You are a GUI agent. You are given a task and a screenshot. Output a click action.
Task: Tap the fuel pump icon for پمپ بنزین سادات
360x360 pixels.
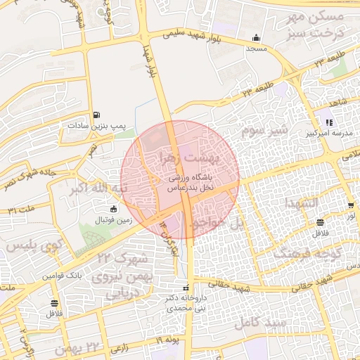(96, 115)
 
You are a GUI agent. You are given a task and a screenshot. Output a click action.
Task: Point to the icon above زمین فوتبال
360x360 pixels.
(113, 209)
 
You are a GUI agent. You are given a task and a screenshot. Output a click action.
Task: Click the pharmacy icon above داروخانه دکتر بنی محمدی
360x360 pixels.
(186, 287)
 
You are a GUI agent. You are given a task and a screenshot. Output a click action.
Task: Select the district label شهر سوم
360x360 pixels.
(264, 131)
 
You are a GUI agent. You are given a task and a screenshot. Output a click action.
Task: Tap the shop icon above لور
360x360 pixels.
(350, 205)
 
